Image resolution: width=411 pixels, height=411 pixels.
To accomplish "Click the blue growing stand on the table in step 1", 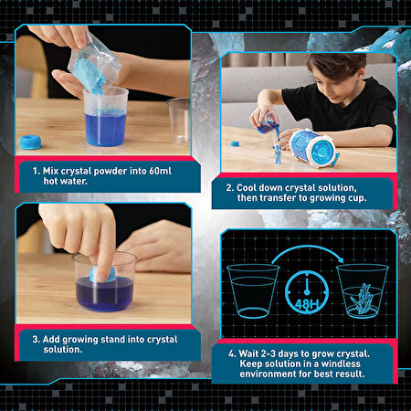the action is [x=30, y=142].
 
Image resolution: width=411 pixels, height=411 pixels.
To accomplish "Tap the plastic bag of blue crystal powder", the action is [x=93, y=65].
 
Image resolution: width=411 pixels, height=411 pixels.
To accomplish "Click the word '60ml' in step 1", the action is [x=161, y=171].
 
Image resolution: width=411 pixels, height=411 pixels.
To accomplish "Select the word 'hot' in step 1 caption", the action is [x=51, y=181].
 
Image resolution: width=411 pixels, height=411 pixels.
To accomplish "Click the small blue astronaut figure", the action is [x=277, y=153].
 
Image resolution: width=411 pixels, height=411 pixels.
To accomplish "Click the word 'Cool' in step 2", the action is [x=248, y=187].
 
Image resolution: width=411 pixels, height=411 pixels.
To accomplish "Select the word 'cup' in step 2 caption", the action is [x=357, y=198].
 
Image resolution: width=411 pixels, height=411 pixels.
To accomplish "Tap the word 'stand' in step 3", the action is [x=112, y=339].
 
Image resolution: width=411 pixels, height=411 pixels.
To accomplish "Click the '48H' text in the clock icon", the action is [x=307, y=304].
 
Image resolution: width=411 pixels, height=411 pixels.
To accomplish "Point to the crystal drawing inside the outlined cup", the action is [x=362, y=298].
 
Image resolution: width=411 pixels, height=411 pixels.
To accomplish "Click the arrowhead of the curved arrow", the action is [x=340, y=260].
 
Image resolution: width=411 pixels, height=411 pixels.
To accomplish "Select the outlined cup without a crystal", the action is [x=253, y=291].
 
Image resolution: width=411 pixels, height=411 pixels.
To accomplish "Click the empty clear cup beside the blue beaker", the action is [x=179, y=121].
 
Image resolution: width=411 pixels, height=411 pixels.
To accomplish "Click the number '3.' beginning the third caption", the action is [x=36, y=339].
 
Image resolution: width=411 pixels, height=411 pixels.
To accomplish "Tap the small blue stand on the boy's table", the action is [x=235, y=143].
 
